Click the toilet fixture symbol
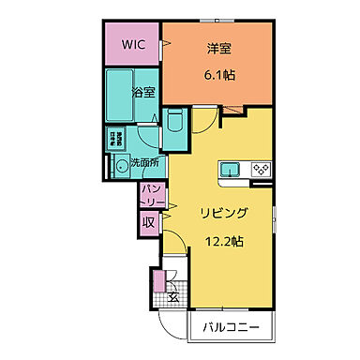point(175,120)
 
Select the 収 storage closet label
point(148,222)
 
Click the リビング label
point(221,214)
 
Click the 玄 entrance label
point(173,297)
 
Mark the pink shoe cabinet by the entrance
point(157,280)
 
